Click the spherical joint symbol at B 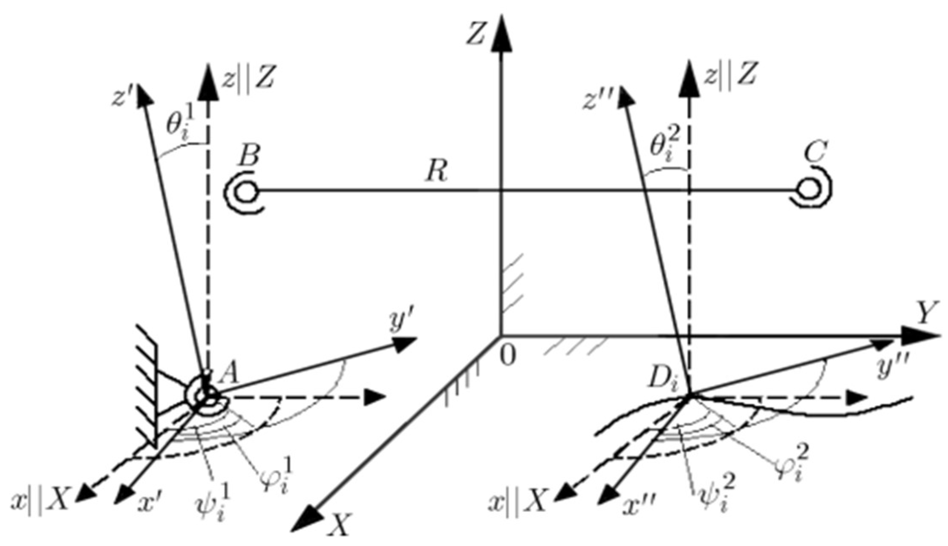(245, 191)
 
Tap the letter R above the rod (436, 171)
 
